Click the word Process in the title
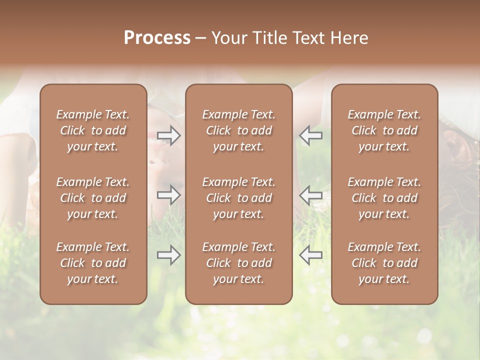click(x=157, y=38)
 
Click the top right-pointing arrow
click(x=168, y=135)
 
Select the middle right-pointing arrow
click(x=168, y=195)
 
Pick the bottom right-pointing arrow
click(x=168, y=255)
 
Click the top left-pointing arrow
click(x=311, y=135)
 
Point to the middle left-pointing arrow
click(x=311, y=195)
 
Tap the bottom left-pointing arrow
click(x=311, y=255)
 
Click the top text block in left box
click(x=93, y=130)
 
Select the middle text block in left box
click(x=93, y=198)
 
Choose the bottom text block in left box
click(x=93, y=263)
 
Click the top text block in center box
click(x=239, y=130)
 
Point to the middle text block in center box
click(x=239, y=198)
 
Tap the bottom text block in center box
click(x=239, y=263)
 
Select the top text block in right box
click(x=384, y=130)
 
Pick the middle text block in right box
click(x=384, y=198)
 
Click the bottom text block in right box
click(x=384, y=263)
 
